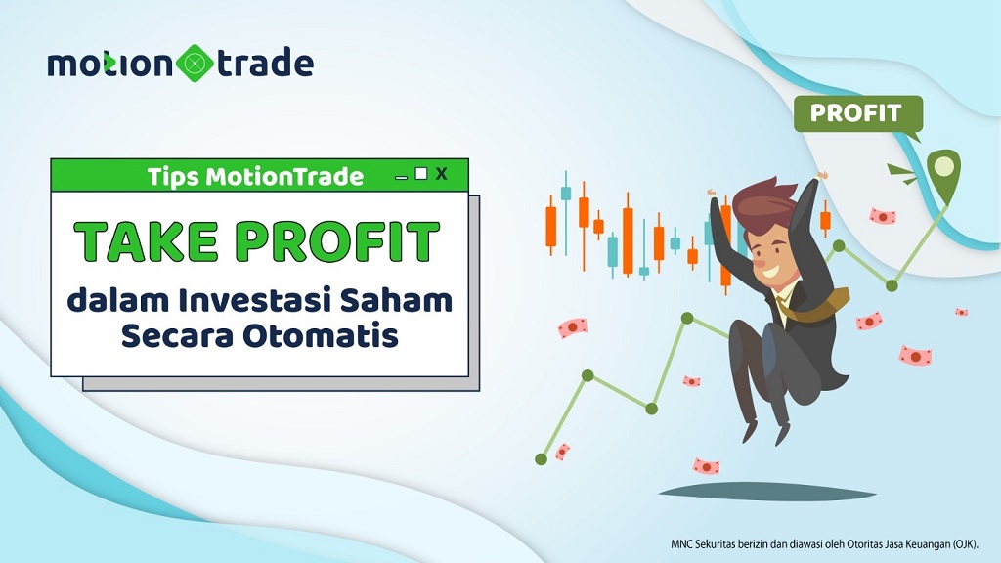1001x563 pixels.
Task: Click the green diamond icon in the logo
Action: pos(195,64)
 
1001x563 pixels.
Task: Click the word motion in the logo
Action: pos(109,64)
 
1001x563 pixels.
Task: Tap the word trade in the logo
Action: pos(265,63)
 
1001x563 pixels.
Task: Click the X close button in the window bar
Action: pos(441,174)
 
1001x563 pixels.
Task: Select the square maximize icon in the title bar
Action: pos(420,173)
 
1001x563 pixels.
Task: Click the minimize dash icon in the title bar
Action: pos(401,178)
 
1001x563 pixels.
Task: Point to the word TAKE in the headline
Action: pos(147,242)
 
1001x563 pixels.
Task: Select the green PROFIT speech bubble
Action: pos(858,115)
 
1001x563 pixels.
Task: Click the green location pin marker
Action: pos(943,171)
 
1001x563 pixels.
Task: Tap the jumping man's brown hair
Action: pos(764,203)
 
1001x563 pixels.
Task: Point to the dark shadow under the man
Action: pos(766,493)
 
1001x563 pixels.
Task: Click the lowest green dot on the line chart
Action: pos(541,459)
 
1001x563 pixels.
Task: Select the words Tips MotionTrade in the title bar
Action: pos(255,176)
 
